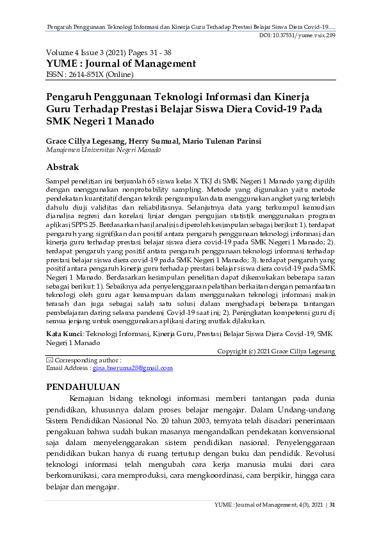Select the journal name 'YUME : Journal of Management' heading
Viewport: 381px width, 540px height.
tap(120, 63)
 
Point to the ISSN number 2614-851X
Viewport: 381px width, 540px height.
tap(89, 74)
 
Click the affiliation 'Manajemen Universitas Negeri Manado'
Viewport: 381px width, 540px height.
tap(102, 149)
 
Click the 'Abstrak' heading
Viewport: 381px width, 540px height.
tap(63, 167)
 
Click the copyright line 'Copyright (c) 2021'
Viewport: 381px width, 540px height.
tap(276, 351)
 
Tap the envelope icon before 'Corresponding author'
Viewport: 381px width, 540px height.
tap(50, 360)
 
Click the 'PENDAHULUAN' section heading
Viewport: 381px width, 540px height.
tap(84, 387)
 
